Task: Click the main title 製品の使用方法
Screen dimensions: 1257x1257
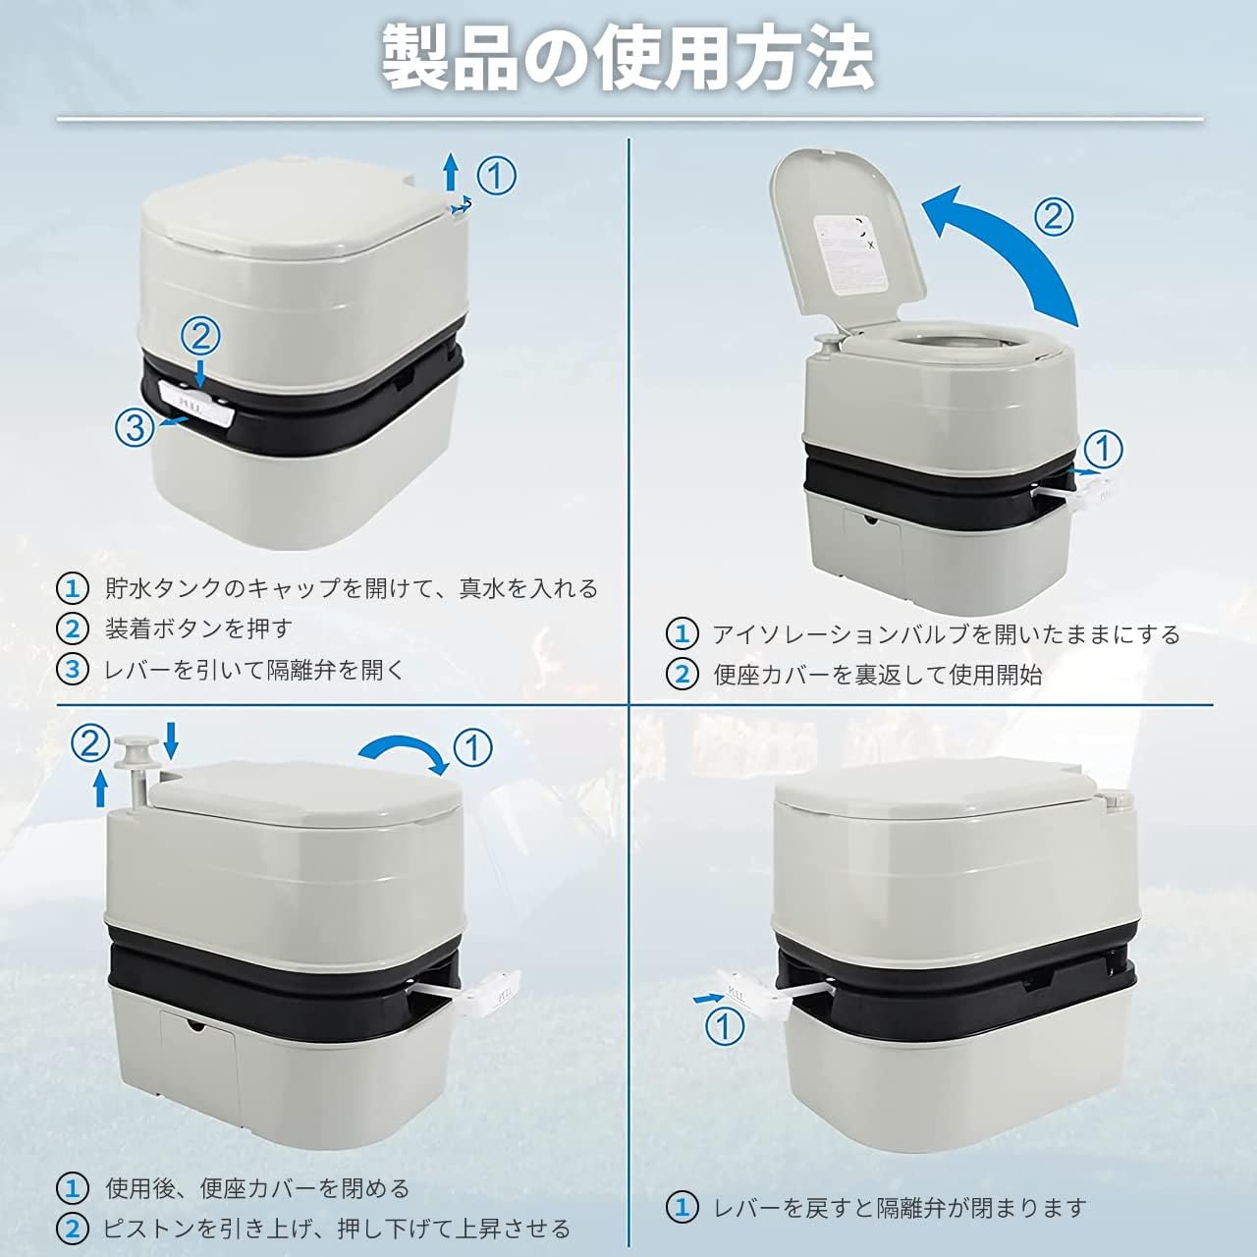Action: (628, 59)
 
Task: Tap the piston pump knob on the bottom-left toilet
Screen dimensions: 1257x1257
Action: (137, 752)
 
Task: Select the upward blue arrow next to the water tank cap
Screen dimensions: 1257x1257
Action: (450, 173)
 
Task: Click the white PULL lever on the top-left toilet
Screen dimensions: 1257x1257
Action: (195, 406)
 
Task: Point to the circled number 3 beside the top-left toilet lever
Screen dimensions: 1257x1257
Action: (135, 428)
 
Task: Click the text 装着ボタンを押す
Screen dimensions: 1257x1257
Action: (199, 628)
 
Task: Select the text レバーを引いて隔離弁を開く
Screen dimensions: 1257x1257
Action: (255, 670)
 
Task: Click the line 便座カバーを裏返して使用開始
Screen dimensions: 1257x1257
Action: (877, 675)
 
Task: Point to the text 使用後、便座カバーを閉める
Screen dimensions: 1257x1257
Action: (257, 1188)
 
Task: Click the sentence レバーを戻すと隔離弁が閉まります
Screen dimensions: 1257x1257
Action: (900, 1208)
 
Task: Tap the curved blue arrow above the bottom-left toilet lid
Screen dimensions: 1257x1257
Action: (402, 749)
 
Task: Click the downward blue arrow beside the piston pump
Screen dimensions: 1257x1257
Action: (171, 739)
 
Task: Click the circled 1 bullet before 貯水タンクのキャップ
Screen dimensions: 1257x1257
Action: (73, 588)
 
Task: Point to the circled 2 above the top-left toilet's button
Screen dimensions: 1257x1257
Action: (200, 337)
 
